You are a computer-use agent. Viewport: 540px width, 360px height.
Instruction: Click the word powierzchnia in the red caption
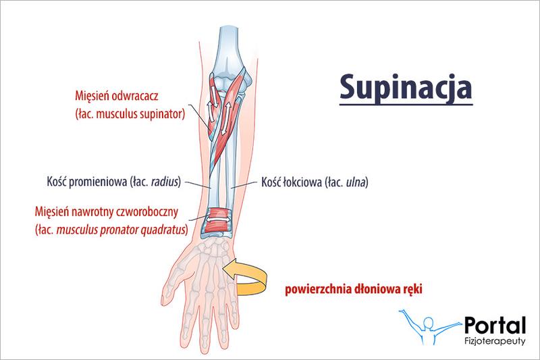(x=309, y=290)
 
